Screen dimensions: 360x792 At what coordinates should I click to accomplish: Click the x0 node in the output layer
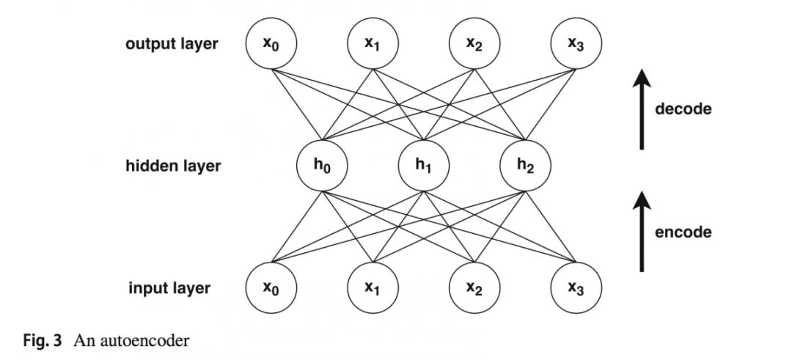(x=271, y=44)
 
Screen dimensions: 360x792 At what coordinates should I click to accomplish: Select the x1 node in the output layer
(x=373, y=44)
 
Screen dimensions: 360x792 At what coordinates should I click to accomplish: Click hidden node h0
(x=322, y=165)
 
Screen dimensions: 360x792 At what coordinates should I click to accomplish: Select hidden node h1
(x=424, y=165)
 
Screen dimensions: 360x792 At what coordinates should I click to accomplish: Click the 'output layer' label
(x=172, y=44)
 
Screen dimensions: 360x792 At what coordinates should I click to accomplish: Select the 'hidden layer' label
(x=172, y=166)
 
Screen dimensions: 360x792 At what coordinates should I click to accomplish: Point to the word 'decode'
(x=683, y=110)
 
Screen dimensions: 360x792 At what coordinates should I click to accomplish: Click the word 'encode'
(x=683, y=232)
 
